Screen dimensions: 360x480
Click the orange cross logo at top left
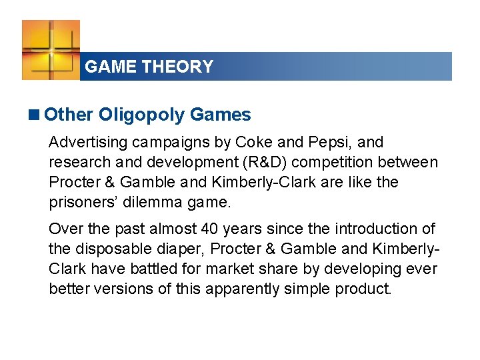[51, 49]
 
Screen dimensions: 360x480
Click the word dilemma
[152, 203]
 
